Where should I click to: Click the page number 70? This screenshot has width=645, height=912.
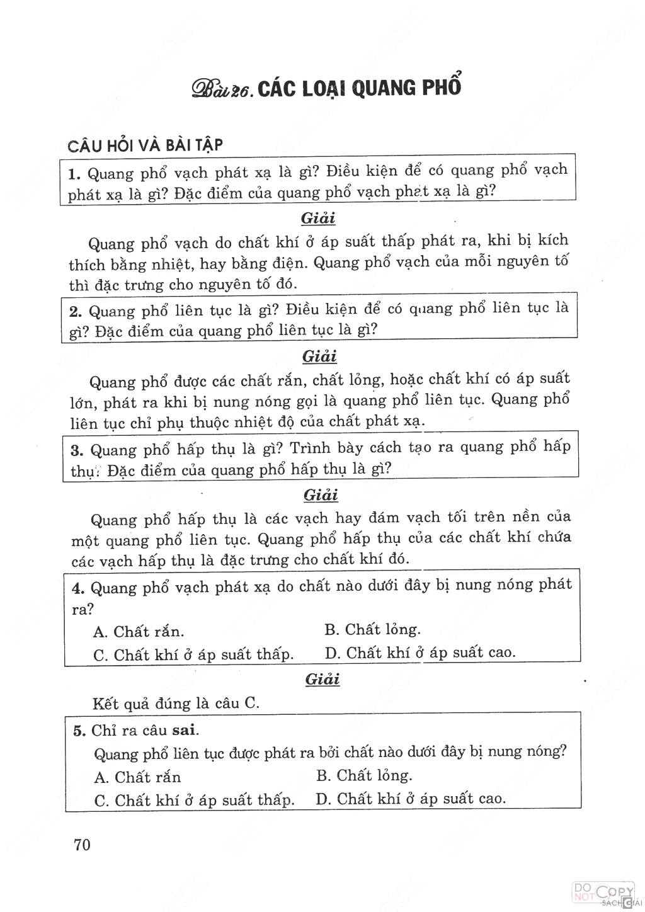[x=83, y=844]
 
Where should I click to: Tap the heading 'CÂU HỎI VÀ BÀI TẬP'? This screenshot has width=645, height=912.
[x=146, y=145]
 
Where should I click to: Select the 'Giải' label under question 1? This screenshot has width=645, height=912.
[x=318, y=219]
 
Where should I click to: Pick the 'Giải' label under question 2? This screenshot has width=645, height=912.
[x=320, y=356]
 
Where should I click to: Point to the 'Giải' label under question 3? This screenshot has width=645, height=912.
[x=321, y=495]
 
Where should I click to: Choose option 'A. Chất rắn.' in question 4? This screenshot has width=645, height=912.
[x=139, y=631]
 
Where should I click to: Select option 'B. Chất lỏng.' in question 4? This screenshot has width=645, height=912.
[x=373, y=629]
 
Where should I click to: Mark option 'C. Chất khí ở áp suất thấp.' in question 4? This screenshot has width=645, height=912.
[x=193, y=654]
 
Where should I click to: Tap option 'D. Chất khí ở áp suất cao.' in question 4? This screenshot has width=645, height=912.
[x=420, y=653]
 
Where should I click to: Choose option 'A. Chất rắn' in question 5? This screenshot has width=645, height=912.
[x=137, y=777]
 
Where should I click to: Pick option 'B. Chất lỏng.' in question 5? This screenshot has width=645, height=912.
[x=364, y=775]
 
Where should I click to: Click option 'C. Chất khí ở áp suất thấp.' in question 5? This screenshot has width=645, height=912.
[x=194, y=801]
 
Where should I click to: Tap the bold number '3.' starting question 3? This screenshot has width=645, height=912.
[x=78, y=450]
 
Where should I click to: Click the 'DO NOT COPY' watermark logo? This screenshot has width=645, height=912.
[x=602, y=893]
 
